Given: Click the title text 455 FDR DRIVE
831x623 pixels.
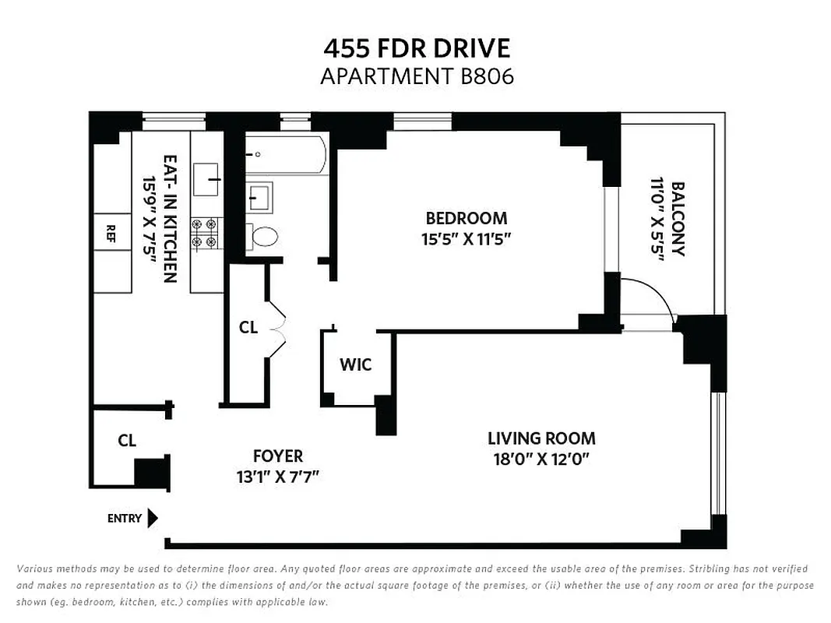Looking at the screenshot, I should (417, 48).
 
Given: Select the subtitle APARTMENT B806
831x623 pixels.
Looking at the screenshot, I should (417, 77).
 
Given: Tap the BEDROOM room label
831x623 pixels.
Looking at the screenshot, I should (466, 219).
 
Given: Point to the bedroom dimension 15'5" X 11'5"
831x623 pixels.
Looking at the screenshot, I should (466, 239).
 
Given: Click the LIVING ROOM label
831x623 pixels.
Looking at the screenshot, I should (541, 438).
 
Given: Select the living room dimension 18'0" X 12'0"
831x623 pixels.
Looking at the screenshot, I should (541, 459).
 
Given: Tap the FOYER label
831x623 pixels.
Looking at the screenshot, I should (278, 456).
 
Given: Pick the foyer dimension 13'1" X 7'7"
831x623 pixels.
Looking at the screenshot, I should (278, 476).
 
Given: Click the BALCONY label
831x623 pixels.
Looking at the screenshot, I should (677, 219).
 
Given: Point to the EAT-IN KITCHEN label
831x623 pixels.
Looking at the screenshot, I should (171, 218).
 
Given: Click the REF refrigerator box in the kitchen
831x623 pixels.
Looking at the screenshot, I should (111, 231).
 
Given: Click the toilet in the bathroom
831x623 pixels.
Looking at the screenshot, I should (262, 236).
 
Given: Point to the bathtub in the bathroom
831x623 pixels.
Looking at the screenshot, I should (285, 154).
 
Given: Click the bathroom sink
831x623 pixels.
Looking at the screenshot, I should (259, 195).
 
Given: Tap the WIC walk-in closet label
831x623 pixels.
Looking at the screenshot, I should (355, 364).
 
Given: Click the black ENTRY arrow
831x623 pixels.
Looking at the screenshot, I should (153, 518).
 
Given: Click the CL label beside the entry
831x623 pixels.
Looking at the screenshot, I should (127, 441).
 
